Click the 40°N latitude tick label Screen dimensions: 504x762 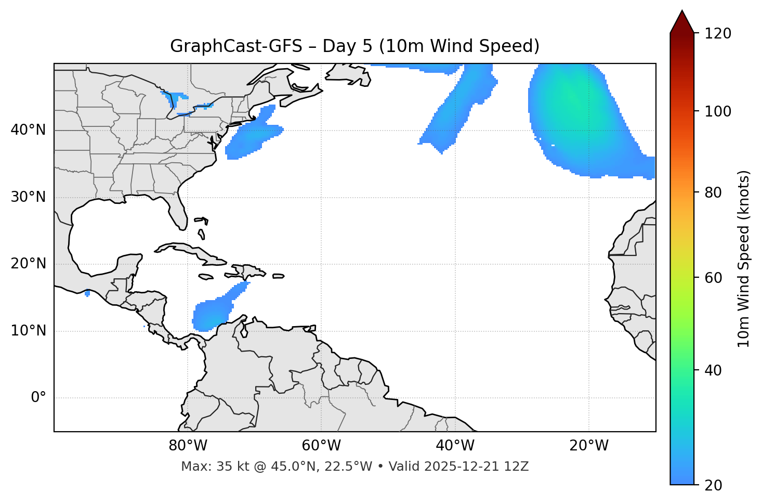tap(28, 130)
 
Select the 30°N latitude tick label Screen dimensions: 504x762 tap(28, 197)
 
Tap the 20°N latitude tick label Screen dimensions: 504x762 tap(28, 264)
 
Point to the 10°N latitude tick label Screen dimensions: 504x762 tap(28, 331)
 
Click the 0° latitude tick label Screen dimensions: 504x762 tap(38, 398)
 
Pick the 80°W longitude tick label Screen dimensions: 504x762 tap(188, 446)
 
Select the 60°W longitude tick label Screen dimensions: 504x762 tap(321, 446)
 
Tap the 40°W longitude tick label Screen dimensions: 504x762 tap(455, 446)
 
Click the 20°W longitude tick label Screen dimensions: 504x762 tap(589, 446)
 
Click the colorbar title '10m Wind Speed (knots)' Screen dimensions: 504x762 tap(744, 259)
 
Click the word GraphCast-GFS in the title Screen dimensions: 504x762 tap(236, 46)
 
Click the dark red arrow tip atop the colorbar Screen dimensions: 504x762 tap(682, 21)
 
